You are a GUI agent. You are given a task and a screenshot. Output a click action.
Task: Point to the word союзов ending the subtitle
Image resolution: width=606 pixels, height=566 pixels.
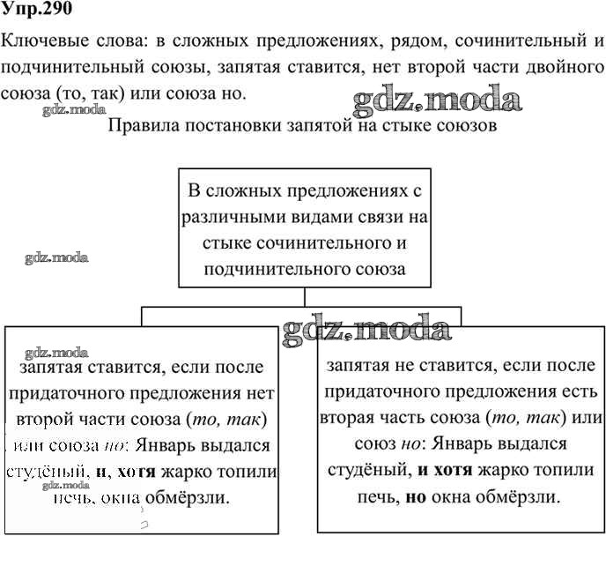[468, 125]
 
